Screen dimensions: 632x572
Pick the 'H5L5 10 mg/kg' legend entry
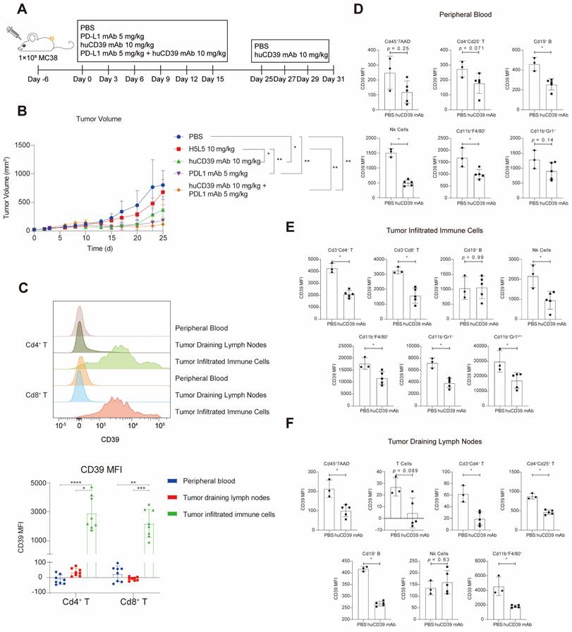205,149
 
